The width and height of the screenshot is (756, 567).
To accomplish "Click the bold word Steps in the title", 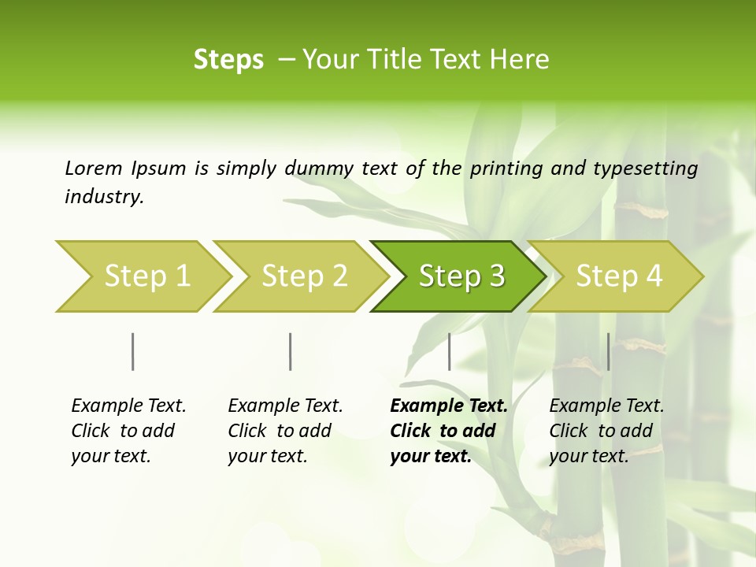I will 228,60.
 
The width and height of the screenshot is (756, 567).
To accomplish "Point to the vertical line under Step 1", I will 133,351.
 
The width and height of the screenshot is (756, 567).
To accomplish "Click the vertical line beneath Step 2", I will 291,351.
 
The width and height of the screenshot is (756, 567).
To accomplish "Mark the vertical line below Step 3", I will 450,351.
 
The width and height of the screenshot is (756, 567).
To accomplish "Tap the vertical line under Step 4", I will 609,351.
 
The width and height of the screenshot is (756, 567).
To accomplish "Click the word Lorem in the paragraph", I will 94,169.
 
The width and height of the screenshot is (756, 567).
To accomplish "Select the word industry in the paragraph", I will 104,197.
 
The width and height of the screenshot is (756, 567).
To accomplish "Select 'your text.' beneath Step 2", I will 267,456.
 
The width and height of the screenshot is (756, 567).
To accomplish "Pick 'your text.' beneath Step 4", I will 588,456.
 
